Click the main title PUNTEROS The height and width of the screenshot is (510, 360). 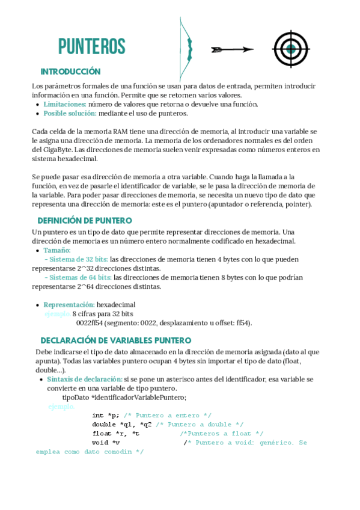pyautogui.click(x=91, y=46)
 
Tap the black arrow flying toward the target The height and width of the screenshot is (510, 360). pyautogui.click(x=232, y=49)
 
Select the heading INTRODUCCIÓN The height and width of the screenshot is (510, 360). pyautogui.click(x=70, y=72)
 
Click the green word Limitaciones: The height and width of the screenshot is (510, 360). pyautogui.click(x=65, y=104)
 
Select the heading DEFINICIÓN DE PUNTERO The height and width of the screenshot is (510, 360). pyautogui.click(x=85, y=221)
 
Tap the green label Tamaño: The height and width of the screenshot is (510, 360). pyautogui.click(x=57, y=250)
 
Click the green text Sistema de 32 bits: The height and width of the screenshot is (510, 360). pyautogui.click(x=79, y=259)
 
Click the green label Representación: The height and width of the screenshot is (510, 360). pyautogui.click(x=69, y=304)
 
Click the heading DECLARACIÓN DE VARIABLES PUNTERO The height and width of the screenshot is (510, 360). pyautogui.click(x=116, y=340)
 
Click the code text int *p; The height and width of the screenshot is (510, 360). pyautogui.click(x=105, y=415)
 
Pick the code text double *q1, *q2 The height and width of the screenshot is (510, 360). pyautogui.click(x=122, y=424)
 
